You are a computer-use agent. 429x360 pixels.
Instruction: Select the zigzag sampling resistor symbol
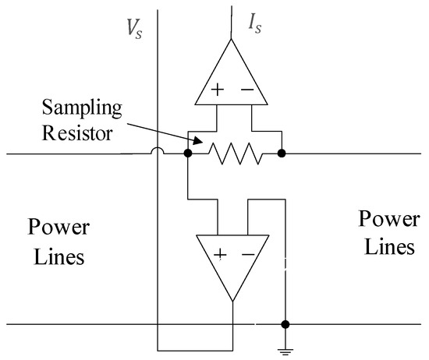click(x=234, y=155)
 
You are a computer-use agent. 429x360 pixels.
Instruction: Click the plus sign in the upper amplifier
click(x=216, y=90)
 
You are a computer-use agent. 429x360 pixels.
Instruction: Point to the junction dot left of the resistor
click(x=188, y=154)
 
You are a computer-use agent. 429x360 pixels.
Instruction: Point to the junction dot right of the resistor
click(x=282, y=154)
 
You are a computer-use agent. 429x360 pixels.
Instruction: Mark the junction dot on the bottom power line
click(x=286, y=323)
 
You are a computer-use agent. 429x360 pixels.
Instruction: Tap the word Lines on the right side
click(x=385, y=247)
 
